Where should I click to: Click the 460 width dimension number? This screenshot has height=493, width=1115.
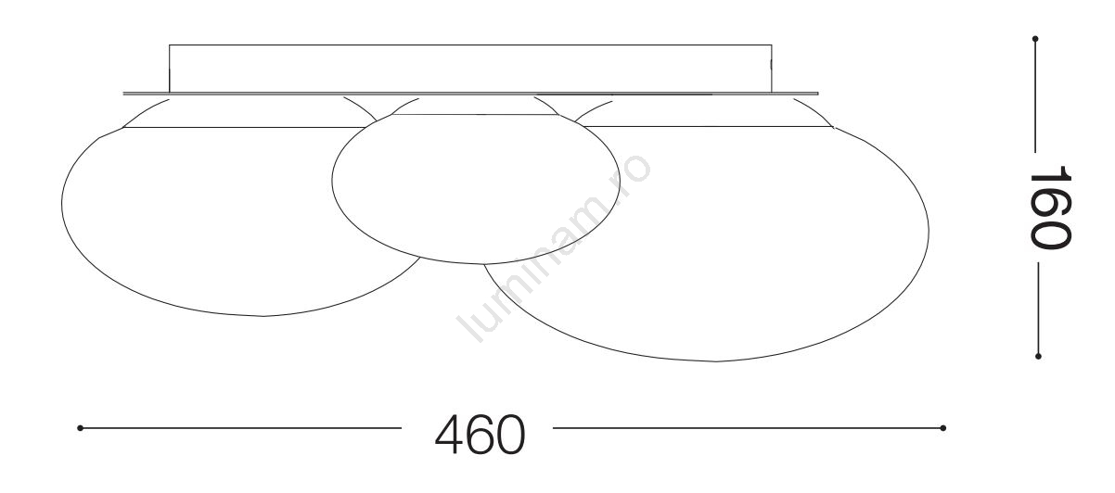tap(480, 434)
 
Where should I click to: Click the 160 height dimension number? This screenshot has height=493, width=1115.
tap(1050, 207)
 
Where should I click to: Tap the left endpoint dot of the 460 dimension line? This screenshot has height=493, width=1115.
tap(80, 428)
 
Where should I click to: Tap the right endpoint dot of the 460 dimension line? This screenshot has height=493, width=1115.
tap(942, 428)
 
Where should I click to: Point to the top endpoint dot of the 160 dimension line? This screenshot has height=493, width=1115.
tap(1035, 39)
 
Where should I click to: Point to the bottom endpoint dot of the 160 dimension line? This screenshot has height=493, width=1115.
tap(1038, 356)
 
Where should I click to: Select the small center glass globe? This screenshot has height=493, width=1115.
tap(476, 180)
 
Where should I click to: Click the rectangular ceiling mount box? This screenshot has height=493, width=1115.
tap(470, 69)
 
